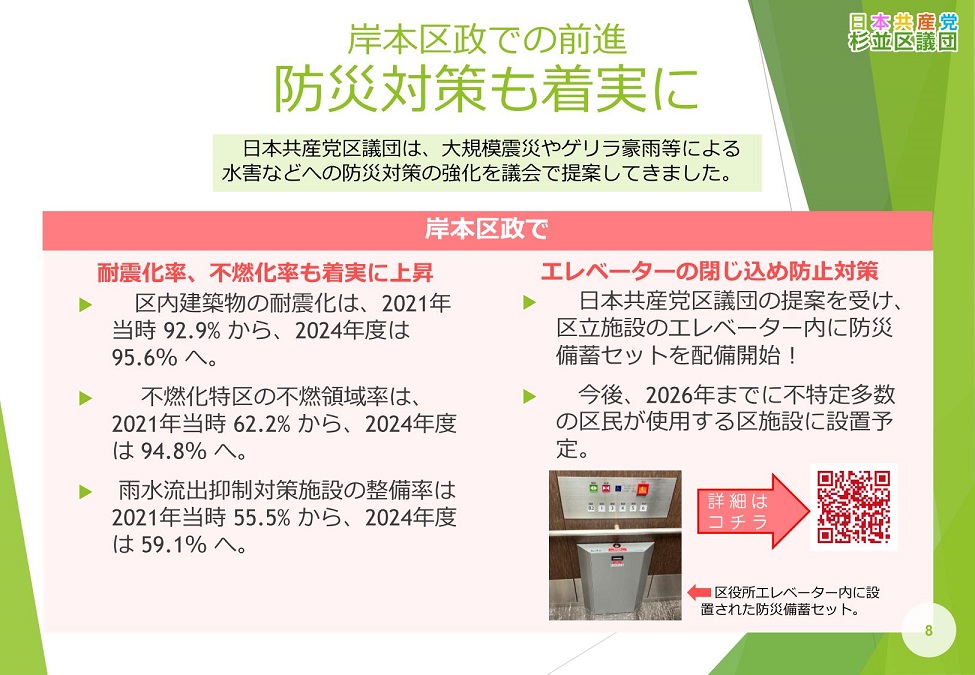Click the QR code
[x=853, y=507]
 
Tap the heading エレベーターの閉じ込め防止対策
[x=709, y=272]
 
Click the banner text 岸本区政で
[x=487, y=231]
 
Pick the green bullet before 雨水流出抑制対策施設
[x=85, y=491]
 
